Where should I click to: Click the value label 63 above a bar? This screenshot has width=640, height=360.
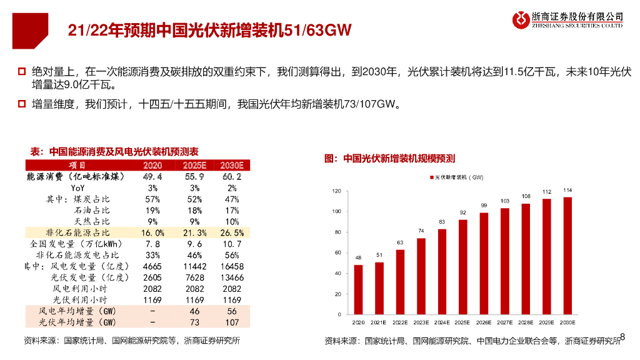(x=400, y=242)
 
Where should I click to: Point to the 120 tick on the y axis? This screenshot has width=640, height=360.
(x=336, y=191)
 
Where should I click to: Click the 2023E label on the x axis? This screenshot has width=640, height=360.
(x=421, y=322)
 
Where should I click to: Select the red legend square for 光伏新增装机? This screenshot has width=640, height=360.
(x=431, y=178)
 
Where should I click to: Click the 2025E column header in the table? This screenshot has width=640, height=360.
(x=194, y=165)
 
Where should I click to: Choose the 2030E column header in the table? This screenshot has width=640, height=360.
(x=232, y=165)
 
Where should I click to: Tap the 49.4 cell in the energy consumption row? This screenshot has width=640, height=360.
(x=152, y=177)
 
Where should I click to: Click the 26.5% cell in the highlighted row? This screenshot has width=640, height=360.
(x=232, y=232)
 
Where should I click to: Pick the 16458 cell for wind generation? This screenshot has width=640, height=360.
(x=232, y=266)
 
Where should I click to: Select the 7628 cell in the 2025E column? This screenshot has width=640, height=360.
(x=194, y=277)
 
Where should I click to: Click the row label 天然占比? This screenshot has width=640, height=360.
(x=92, y=221)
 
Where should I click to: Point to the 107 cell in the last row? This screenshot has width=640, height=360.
(x=232, y=322)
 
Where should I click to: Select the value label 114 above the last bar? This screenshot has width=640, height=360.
(x=567, y=190)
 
